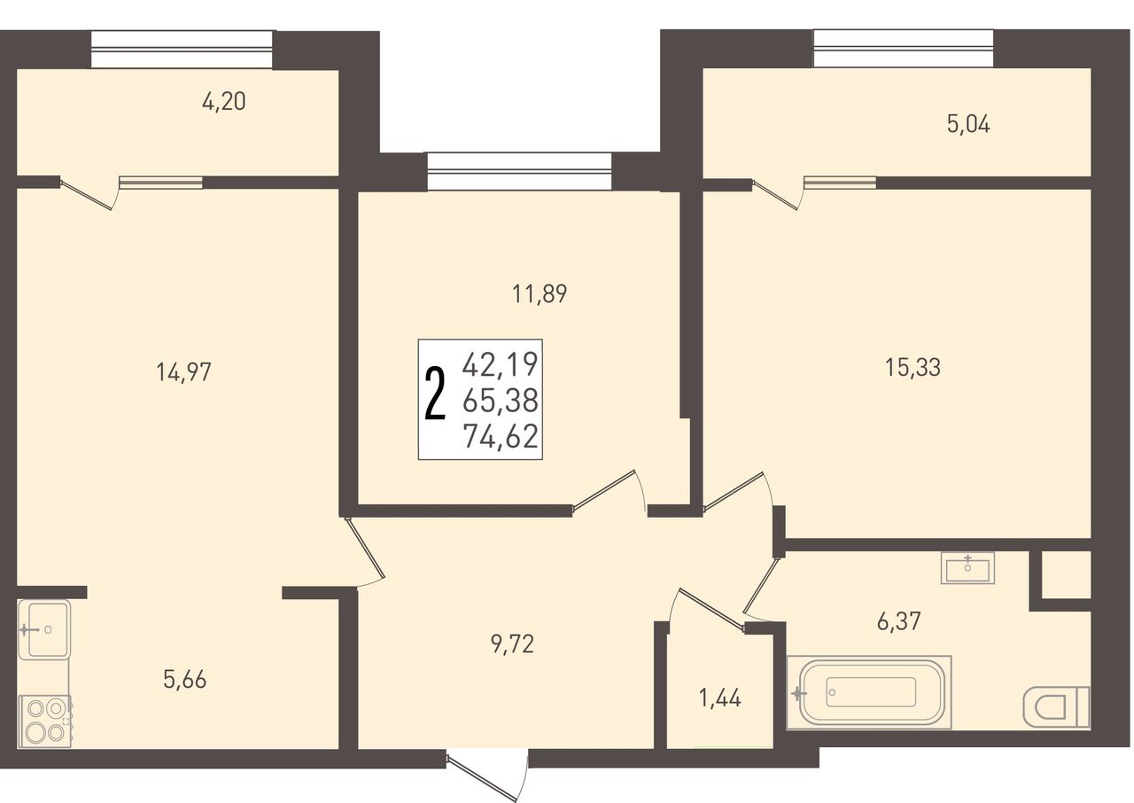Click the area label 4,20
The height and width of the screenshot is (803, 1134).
pyautogui.click(x=224, y=102)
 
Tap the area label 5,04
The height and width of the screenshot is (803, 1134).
pyautogui.click(x=968, y=125)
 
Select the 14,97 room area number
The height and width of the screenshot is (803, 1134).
pyautogui.click(x=183, y=372)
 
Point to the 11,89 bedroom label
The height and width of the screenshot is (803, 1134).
pyautogui.click(x=540, y=294)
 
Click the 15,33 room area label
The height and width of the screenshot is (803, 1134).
pyautogui.click(x=913, y=368)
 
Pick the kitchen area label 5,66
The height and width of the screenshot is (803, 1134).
pyautogui.click(x=185, y=680)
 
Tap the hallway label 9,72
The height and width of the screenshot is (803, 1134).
pyautogui.click(x=512, y=644)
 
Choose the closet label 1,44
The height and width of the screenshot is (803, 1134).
pyautogui.click(x=720, y=698)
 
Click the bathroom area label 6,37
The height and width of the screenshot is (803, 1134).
pyautogui.click(x=898, y=621)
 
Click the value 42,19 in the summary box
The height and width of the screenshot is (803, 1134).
pyautogui.click(x=500, y=364)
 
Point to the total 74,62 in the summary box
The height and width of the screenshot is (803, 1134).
pyautogui.click(x=501, y=437)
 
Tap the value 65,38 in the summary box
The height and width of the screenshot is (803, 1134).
pyautogui.click(x=501, y=401)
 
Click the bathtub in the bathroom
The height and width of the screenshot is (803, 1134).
pyautogui.click(x=869, y=692)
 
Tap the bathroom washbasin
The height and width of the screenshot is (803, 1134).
pyautogui.click(x=968, y=568)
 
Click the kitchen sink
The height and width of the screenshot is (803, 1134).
pyautogui.click(x=44, y=629)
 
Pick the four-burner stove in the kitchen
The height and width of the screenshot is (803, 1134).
pyautogui.click(x=45, y=721)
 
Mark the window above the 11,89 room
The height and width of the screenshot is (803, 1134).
pyautogui.click(x=519, y=172)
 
